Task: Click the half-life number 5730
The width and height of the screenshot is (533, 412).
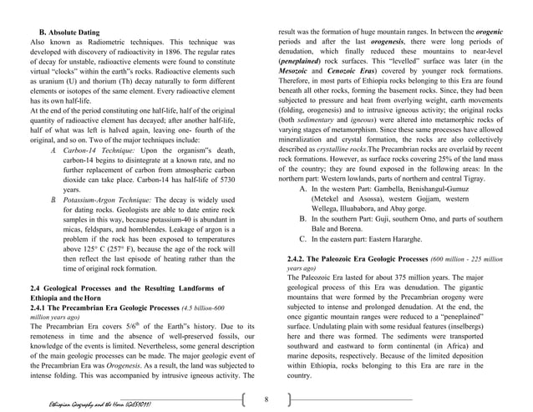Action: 222,179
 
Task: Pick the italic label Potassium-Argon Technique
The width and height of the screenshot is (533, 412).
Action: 111,201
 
